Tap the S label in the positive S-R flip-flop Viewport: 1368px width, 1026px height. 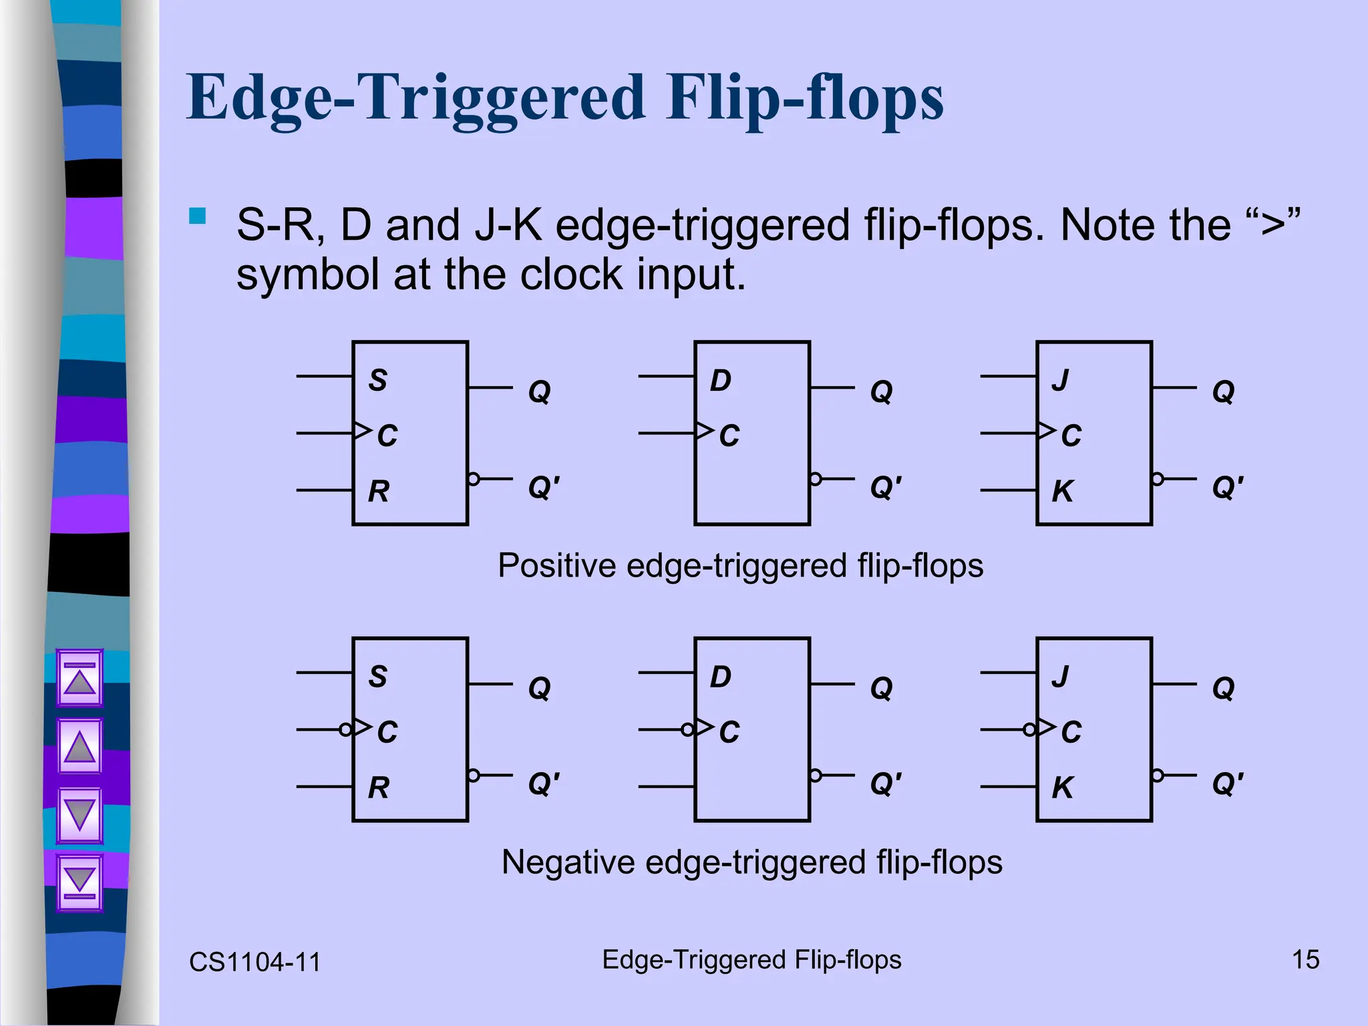378,380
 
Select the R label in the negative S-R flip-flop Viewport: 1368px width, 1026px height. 379,788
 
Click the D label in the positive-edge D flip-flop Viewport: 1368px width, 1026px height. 720,380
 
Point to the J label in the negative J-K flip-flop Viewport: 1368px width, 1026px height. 1061,676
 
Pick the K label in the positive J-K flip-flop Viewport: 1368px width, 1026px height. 1062,492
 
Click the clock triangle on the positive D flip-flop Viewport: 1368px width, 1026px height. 704,431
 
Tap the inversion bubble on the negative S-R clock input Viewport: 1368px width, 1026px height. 346,729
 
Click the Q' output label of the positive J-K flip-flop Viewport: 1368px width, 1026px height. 1228,487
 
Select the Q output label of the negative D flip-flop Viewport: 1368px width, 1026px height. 881,687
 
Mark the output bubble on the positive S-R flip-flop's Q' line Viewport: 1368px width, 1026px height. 474,479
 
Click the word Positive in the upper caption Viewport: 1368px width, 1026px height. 556,566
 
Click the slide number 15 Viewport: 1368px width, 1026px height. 1305,960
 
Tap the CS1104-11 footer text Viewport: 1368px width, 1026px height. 255,962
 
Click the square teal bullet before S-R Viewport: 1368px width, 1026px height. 197,216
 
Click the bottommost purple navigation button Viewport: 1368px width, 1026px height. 79,882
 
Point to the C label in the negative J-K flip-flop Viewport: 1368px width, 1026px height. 1071,732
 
